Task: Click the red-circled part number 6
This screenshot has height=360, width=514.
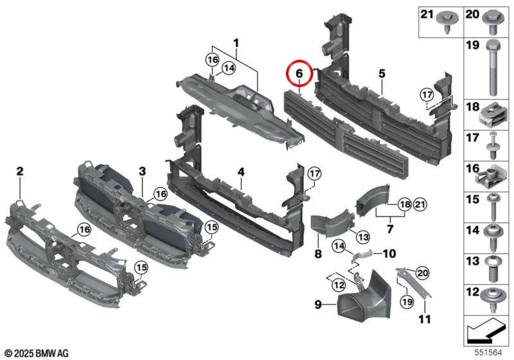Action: coord(299,74)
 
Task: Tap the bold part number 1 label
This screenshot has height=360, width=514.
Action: coord(236,43)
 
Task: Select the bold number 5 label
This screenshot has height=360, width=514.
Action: coord(382,74)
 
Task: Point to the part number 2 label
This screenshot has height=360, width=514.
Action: coord(20,171)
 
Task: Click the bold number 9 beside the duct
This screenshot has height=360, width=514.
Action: coord(318,304)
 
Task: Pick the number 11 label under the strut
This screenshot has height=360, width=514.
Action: coord(425,319)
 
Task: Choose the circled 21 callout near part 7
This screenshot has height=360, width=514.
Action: coord(420,205)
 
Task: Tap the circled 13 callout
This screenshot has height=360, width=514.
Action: coord(363,237)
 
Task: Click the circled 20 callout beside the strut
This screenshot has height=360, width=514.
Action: coord(423,273)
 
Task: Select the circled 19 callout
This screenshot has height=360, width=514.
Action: coord(407,301)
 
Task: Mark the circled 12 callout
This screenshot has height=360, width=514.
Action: coord(339,285)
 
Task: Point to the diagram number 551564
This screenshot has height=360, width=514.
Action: coord(489,352)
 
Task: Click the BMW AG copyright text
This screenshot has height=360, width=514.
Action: coord(37,353)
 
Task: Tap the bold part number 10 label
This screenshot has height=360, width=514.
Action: coord(389,253)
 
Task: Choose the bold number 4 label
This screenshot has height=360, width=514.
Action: coord(241,172)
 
